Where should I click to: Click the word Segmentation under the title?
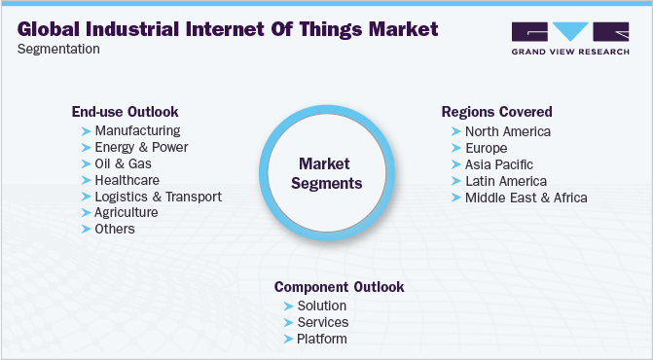coord(58,49)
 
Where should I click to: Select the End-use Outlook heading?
coord(125,112)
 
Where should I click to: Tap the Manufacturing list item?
coord(137,130)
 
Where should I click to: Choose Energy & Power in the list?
coord(141,147)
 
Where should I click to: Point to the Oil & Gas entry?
coord(124,163)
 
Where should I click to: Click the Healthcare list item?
coord(127,180)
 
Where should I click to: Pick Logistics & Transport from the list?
coord(158,197)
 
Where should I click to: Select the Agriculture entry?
coord(127,212)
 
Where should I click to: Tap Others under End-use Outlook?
coord(115,229)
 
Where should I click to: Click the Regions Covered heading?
coord(496,112)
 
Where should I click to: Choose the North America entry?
coord(508,131)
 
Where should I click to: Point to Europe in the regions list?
coord(486,148)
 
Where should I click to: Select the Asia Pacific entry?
coord(499,164)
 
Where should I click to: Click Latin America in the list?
coord(506,181)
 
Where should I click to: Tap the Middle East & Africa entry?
coord(526,198)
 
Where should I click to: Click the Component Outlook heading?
coord(339,287)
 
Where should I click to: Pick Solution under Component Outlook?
coord(321,306)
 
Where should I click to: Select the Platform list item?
coord(321,339)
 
